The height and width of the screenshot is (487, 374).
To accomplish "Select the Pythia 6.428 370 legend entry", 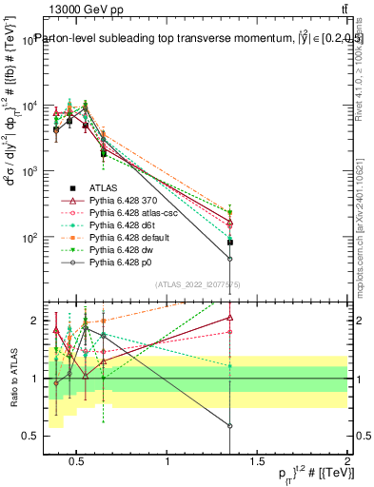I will [x=119, y=201].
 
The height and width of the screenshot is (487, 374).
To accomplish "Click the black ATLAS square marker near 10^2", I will [x=230, y=243].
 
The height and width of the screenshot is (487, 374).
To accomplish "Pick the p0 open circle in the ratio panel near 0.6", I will [x=230, y=426].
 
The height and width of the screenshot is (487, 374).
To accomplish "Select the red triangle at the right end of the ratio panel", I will [x=230, y=319].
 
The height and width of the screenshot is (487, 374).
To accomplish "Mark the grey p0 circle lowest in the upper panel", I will [x=230, y=258].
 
